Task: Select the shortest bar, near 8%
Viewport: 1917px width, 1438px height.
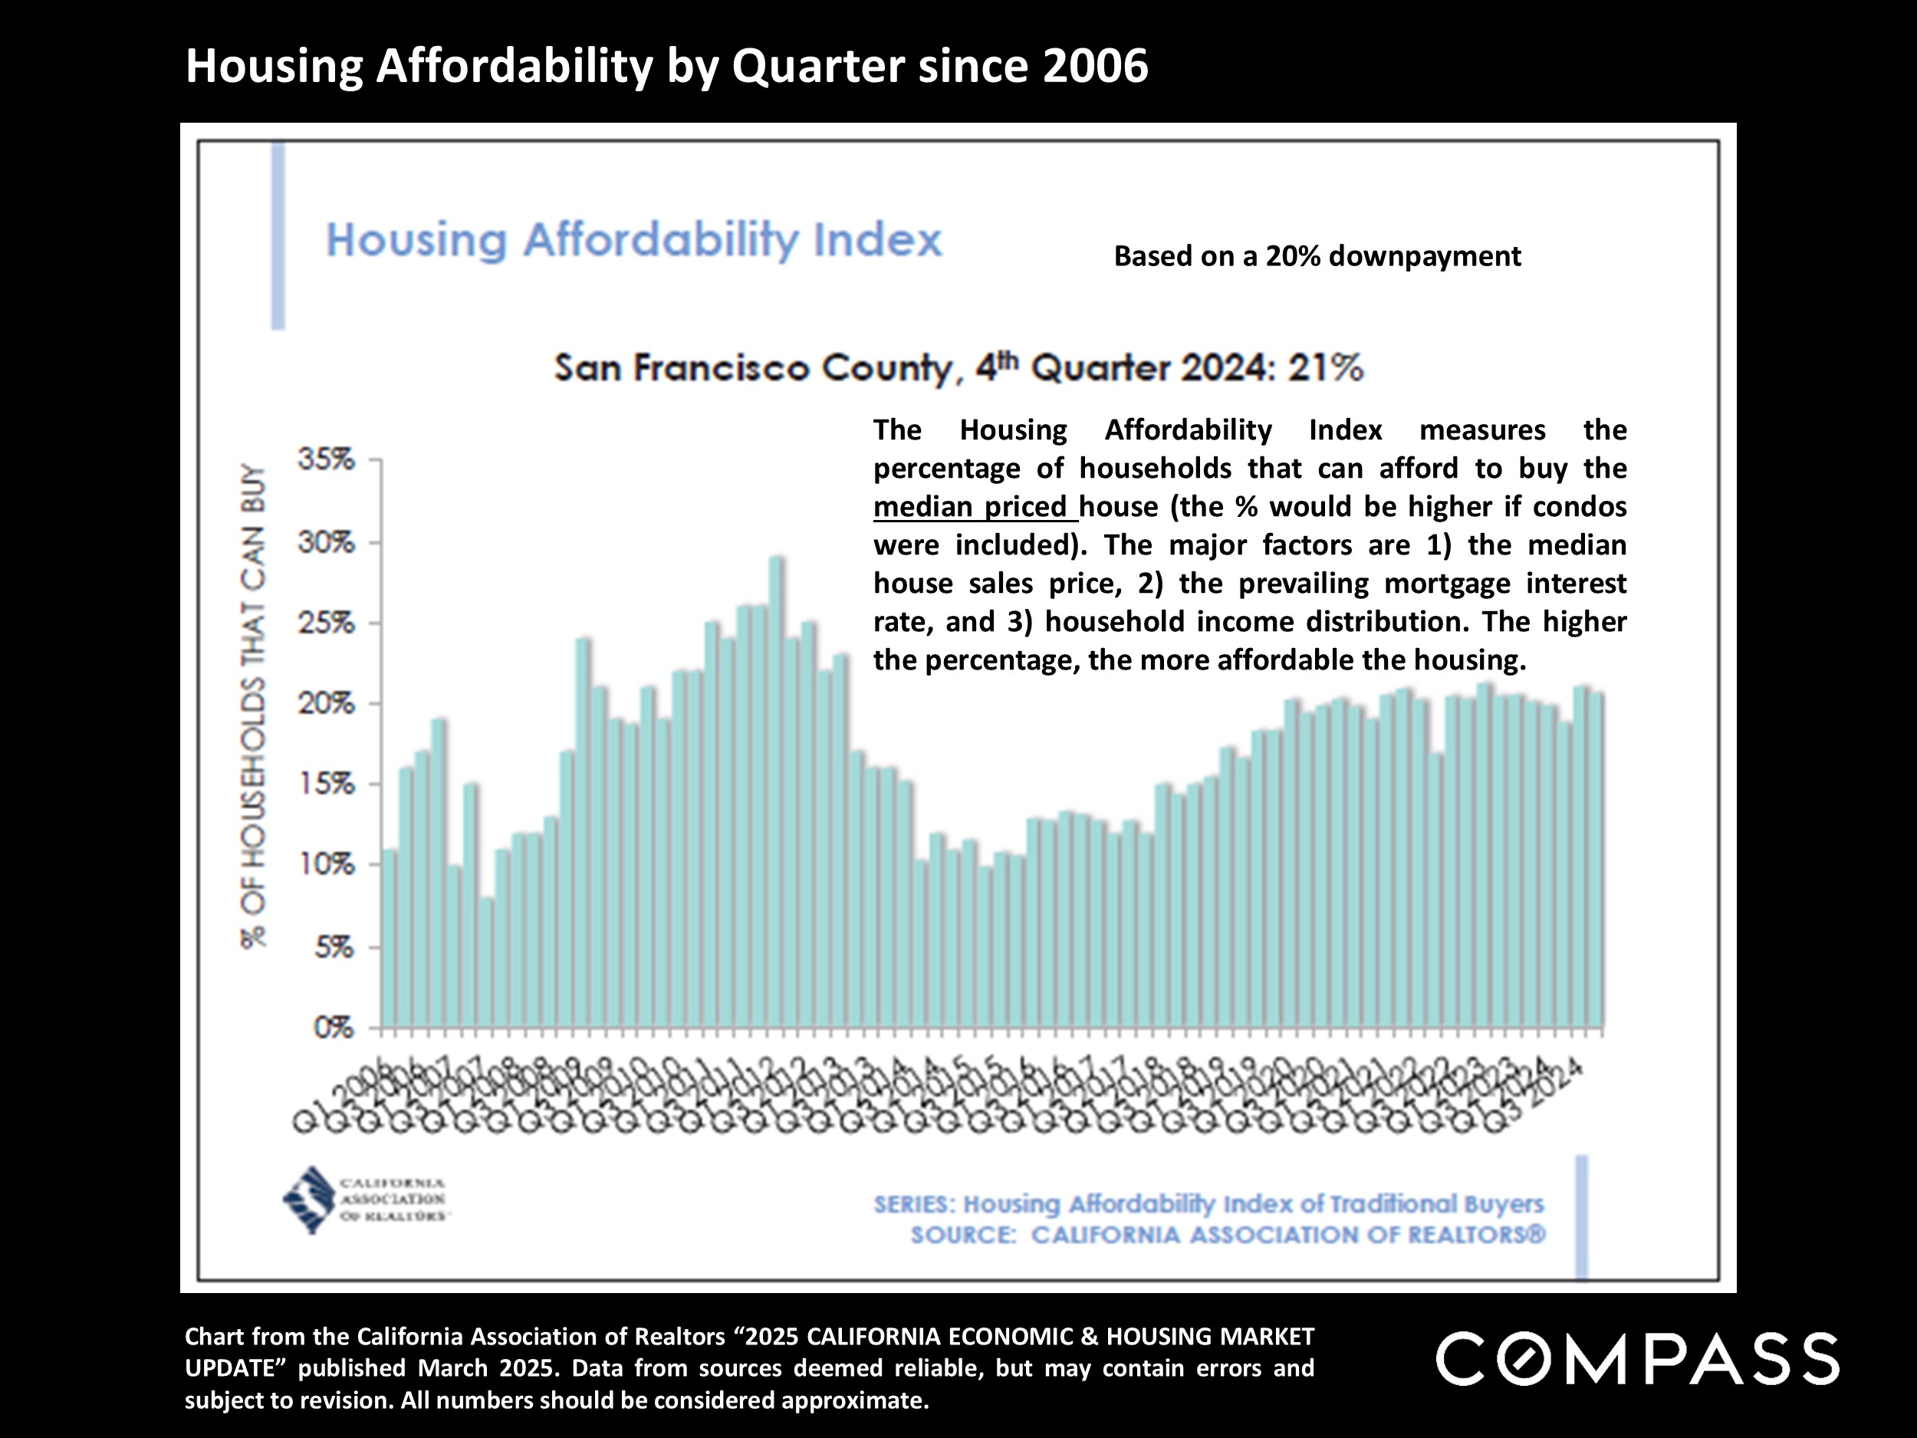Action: pyautogui.click(x=487, y=963)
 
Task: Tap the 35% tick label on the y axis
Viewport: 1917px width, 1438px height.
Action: pyautogui.click(x=326, y=459)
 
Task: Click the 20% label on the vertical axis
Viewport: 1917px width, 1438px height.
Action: pyautogui.click(x=326, y=704)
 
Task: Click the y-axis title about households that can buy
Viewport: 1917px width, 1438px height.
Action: pyautogui.click(x=253, y=706)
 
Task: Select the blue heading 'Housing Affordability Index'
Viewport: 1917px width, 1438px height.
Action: pyautogui.click(x=633, y=240)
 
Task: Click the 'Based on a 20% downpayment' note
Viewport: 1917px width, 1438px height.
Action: pyautogui.click(x=1317, y=257)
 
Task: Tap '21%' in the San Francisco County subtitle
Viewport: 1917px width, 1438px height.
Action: pyautogui.click(x=1325, y=368)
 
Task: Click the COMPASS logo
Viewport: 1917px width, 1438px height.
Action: pyautogui.click(x=1637, y=1359)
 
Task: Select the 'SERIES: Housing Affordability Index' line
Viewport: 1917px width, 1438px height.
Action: pyautogui.click(x=1208, y=1204)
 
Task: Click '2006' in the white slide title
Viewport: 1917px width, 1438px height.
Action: pyautogui.click(x=1096, y=66)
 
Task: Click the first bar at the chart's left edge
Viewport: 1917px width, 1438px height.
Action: pyautogui.click(x=389, y=939)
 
